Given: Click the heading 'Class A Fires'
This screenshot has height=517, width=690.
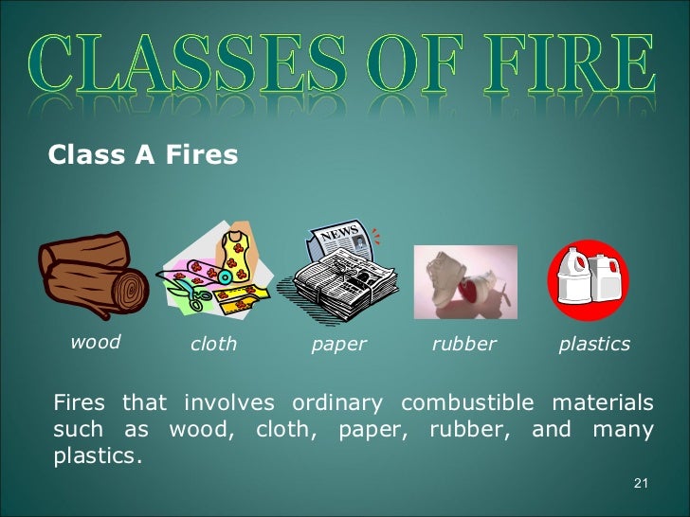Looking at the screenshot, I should coord(142,153).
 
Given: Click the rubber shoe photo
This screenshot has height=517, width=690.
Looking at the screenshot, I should coord(464,282).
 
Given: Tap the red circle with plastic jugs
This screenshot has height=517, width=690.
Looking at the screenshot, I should coord(588,280).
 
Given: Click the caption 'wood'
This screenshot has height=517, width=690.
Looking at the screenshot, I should coord(96,342).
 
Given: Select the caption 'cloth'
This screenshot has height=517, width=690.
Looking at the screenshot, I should coord(213,344).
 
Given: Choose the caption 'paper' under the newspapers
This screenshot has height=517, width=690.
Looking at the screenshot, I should coord(338,345).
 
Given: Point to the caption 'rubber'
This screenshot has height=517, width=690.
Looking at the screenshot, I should coord(463,344).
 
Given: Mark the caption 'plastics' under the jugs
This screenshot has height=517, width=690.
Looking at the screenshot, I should coord(594,344).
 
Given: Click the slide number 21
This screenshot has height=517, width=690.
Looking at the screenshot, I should coord(640,485).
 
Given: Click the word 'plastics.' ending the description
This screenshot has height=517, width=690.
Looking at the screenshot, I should coord(98,455).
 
